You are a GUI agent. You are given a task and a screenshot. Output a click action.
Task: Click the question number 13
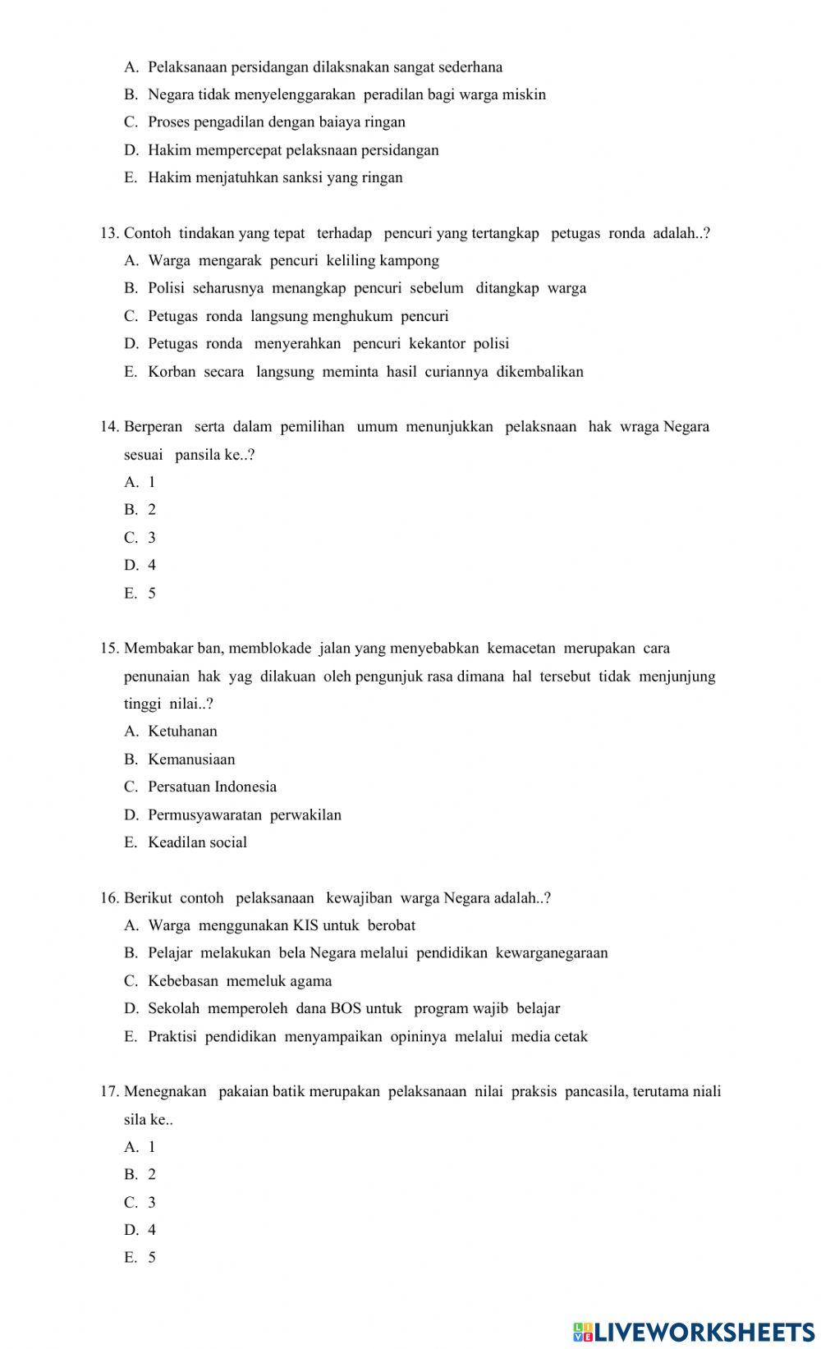tap(110, 233)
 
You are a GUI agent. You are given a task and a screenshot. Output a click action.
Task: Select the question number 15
tap(110, 649)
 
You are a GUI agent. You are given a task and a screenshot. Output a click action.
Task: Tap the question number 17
tap(110, 1092)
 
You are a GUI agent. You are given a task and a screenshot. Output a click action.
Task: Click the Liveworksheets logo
tap(693, 1331)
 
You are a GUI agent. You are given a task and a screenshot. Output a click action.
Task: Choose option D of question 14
tap(131, 566)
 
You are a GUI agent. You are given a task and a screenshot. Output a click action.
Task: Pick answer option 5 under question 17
tap(152, 1258)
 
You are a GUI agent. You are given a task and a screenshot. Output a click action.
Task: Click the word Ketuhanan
tap(182, 732)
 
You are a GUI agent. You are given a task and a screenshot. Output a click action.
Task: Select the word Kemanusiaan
tap(191, 759)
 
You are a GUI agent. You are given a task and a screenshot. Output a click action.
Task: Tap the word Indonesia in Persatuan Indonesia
tap(245, 787)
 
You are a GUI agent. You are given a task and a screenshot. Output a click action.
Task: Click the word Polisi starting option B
tap(167, 288)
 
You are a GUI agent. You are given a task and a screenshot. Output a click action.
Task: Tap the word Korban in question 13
tap(172, 372)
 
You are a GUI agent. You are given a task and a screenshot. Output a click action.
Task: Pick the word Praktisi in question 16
tap(172, 1037)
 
